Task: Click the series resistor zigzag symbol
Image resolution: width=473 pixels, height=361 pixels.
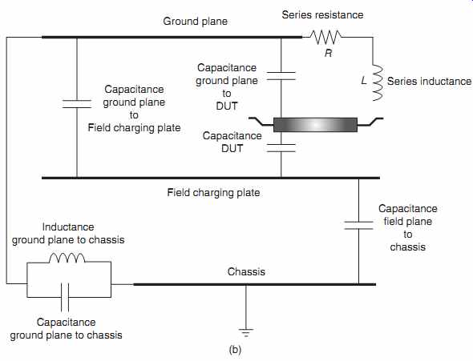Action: pyautogui.click(x=326, y=37)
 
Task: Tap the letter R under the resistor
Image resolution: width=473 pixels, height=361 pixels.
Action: pyautogui.click(x=328, y=54)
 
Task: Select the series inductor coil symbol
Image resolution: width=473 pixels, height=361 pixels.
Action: pyautogui.click(x=378, y=82)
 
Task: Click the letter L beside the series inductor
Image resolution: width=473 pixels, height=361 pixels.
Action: pyautogui.click(x=364, y=81)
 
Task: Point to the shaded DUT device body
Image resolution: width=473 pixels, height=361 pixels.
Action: pyautogui.click(x=315, y=125)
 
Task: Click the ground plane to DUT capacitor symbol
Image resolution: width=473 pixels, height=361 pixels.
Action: pyautogui.click(x=281, y=76)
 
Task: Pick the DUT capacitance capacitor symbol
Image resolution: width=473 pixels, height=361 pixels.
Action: pyautogui.click(x=281, y=148)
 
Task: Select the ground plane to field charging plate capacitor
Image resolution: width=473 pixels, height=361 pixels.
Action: pyautogui.click(x=77, y=104)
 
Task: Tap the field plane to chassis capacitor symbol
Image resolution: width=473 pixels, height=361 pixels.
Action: pyautogui.click(x=358, y=226)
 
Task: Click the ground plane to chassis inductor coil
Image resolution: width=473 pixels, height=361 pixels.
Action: pyautogui.click(x=67, y=259)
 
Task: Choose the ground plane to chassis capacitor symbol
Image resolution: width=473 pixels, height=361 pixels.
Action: pyautogui.click(x=65, y=297)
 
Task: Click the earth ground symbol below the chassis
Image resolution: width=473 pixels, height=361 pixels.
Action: pyautogui.click(x=246, y=333)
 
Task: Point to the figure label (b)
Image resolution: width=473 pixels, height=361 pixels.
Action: pyautogui.click(x=235, y=350)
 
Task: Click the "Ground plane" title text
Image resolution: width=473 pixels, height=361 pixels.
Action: pyautogui.click(x=195, y=22)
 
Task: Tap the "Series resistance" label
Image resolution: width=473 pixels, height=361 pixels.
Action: pyautogui.click(x=322, y=14)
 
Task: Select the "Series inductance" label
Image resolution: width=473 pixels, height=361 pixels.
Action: pyautogui.click(x=429, y=82)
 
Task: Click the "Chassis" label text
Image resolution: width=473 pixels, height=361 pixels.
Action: pyautogui.click(x=246, y=272)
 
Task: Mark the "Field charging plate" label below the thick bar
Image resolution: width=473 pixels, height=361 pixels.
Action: pyautogui.click(x=213, y=193)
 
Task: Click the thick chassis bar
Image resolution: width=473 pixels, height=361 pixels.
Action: pyautogui.click(x=255, y=284)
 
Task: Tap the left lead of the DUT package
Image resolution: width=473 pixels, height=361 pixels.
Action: pyautogui.click(x=261, y=122)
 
